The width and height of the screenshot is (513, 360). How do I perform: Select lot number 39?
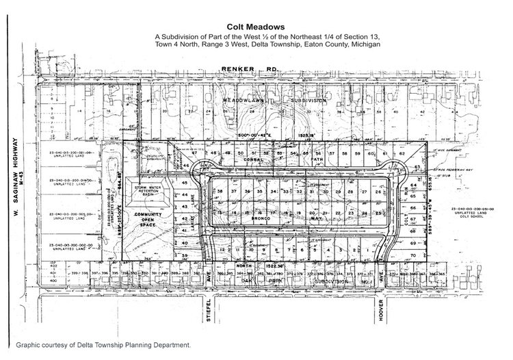pos(184,255)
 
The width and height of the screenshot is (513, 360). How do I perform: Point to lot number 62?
pos(402,153)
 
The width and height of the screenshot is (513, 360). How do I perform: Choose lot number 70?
pos(414,255)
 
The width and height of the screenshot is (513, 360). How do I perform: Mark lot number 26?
pos(378,192)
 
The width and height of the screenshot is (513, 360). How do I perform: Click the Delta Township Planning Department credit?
pos(103,347)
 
